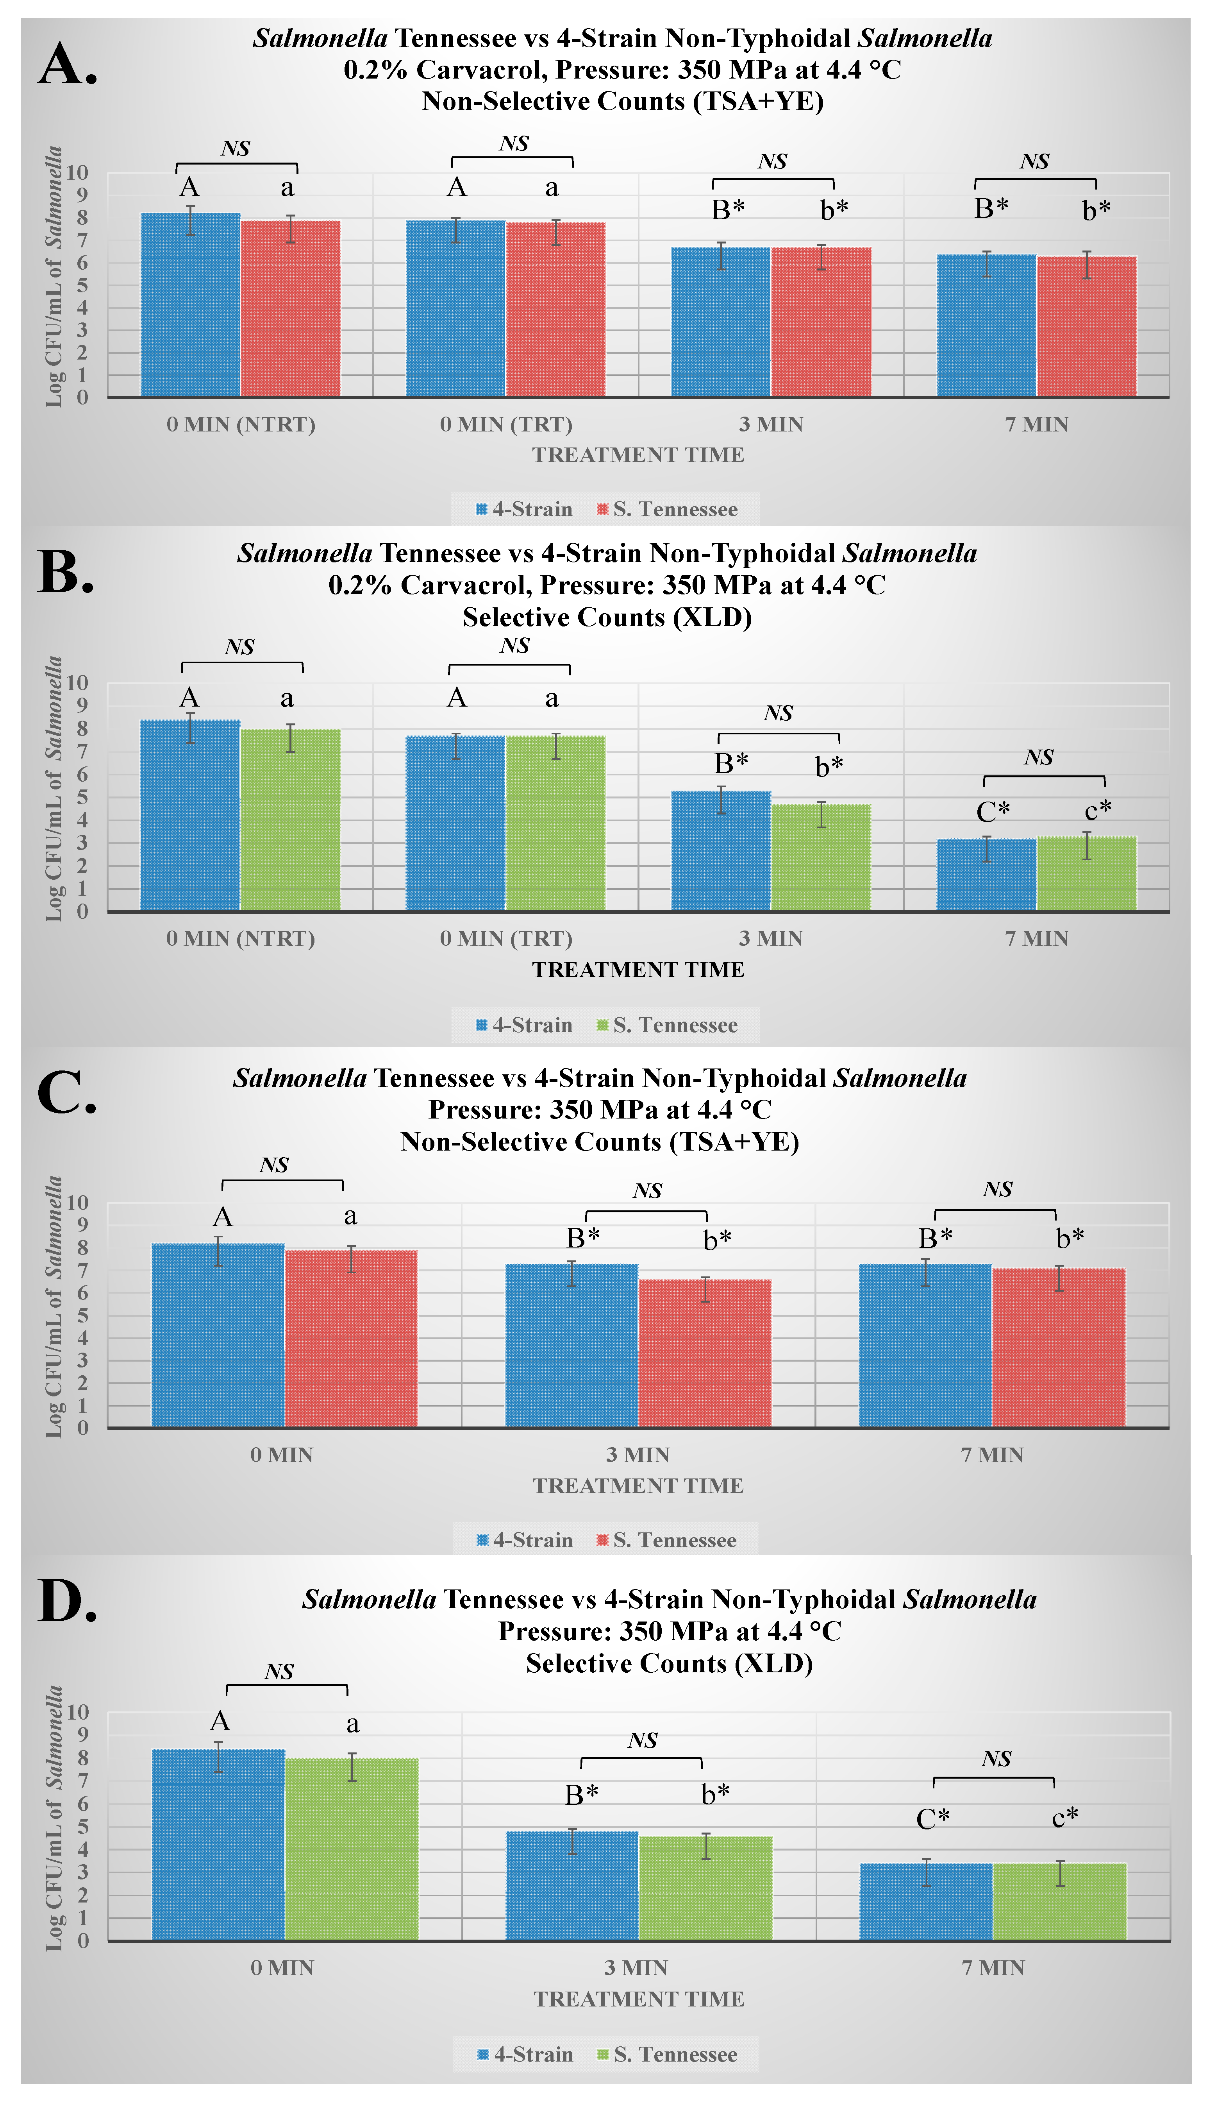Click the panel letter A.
click(66, 65)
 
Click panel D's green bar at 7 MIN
click(1059, 1902)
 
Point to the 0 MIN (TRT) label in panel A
click(506, 424)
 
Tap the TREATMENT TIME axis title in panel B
click(638, 969)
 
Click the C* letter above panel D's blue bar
click(932, 1819)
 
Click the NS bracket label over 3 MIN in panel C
click(647, 1191)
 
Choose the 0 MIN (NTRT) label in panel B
click(240, 938)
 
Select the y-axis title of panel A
click(54, 277)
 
